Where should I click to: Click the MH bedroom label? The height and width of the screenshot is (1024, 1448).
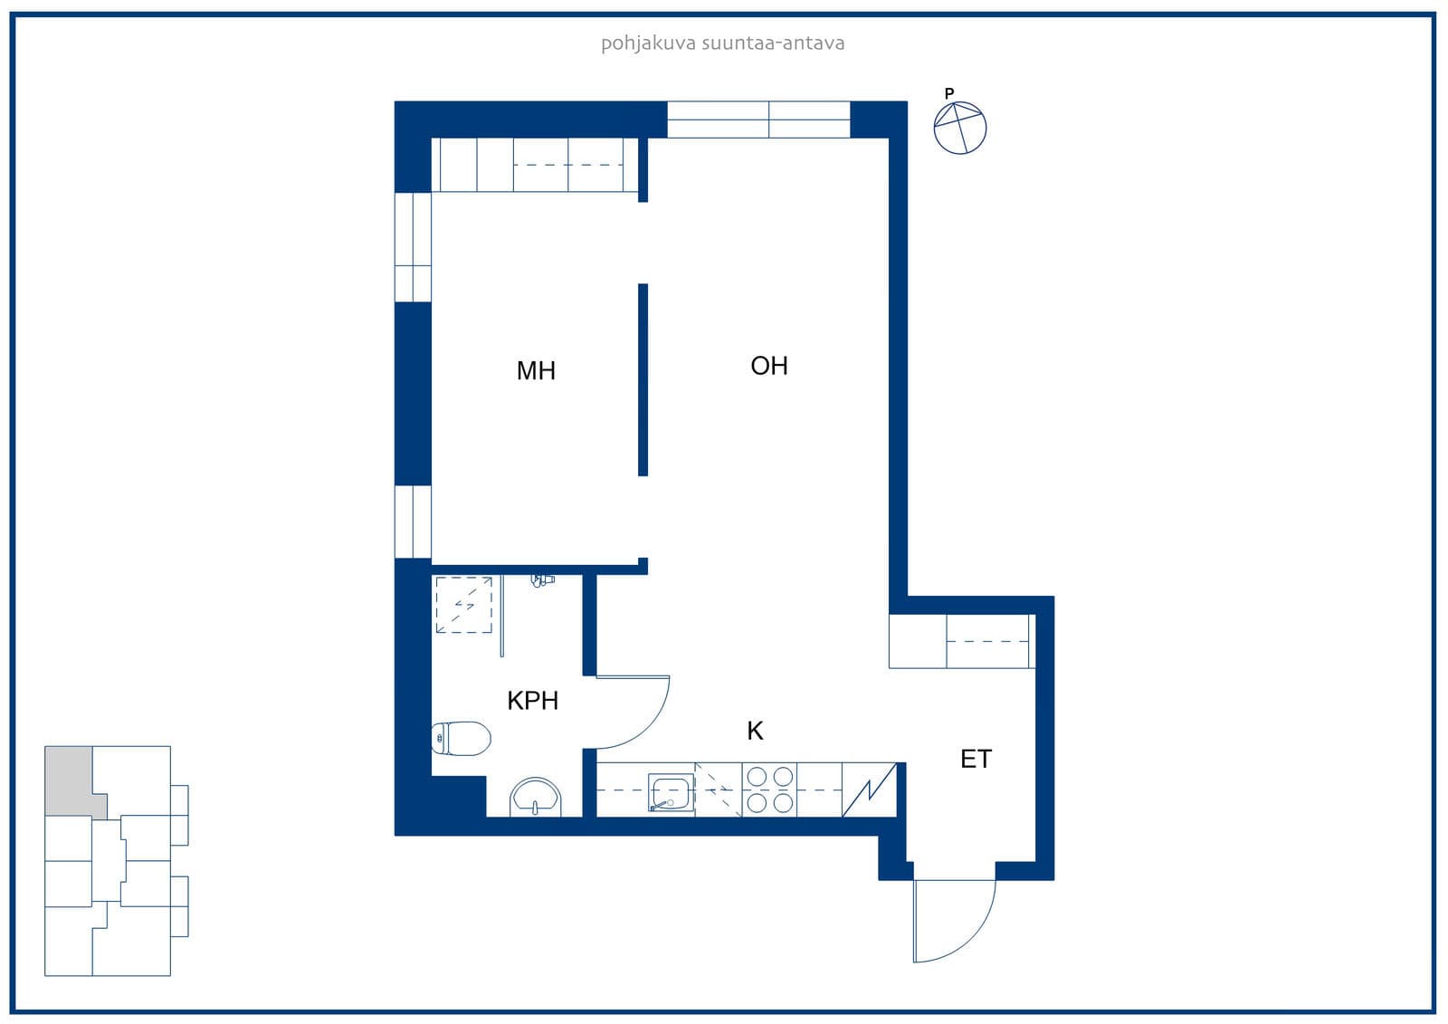coord(536,370)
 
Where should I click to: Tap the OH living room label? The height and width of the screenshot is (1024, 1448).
coord(769,366)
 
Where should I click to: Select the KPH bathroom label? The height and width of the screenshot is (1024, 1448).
coord(533,701)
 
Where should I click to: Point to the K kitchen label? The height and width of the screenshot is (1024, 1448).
coord(755,731)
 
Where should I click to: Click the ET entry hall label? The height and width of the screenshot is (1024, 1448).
coord(976,760)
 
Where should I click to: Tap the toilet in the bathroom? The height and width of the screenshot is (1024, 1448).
coord(461,739)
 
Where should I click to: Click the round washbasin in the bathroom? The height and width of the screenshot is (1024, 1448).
coord(535,797)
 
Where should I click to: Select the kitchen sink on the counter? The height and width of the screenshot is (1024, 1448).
coord(671,792)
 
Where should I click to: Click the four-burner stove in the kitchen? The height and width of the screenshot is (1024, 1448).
coord(769,790)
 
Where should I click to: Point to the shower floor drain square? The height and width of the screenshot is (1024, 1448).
coord(464,605)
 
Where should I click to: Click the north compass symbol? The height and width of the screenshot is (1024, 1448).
coord(960,128)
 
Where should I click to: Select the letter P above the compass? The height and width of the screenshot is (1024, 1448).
coord(949,94)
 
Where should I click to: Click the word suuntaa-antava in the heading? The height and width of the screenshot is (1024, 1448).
coord(773,43)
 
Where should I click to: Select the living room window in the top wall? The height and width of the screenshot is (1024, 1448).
coord(758,120)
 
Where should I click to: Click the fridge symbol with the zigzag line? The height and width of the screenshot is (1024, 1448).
coord(869,790)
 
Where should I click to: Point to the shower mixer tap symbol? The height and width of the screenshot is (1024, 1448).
coord(542,579)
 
